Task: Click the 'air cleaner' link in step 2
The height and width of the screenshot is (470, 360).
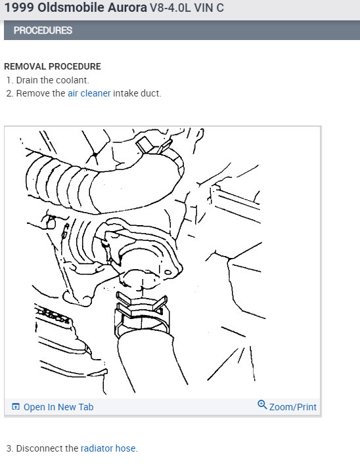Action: (89, 93)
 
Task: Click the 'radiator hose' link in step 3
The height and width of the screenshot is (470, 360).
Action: (108, 448)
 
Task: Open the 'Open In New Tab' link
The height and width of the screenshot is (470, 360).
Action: (58, 407)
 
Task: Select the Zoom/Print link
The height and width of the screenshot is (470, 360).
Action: (292, 407)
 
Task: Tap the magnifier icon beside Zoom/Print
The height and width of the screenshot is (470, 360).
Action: (262, 406)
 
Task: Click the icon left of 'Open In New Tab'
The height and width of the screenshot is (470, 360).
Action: (16, 407)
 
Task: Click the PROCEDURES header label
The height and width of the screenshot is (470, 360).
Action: (43, 30)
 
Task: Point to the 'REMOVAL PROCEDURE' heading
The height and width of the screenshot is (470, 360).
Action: (53, 66)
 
